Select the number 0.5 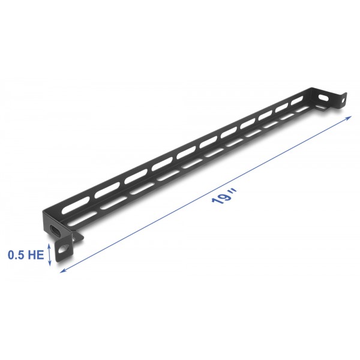tap(16, 255)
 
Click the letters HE tap(35, 255)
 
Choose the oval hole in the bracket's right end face tap(324, 96)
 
